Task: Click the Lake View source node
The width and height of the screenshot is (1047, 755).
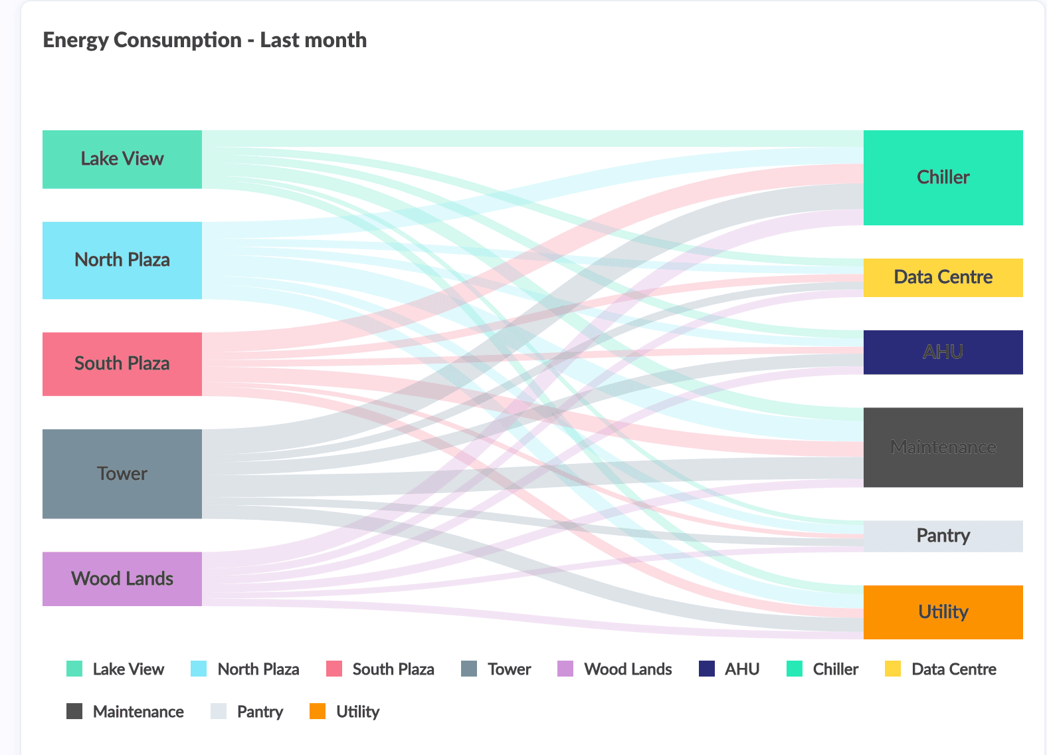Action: coord(122,160)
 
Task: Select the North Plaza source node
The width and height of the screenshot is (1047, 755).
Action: coord(122,260)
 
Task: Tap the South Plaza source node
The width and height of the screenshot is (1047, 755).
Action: coord(122,364)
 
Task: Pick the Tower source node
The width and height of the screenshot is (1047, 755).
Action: coord(122,473)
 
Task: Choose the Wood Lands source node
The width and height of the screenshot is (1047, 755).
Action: coord(122,578)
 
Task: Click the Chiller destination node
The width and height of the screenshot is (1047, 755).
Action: coord(943,177)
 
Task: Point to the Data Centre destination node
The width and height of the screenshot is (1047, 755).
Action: coord(943,277)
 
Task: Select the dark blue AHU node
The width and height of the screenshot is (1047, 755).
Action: coord(943,352)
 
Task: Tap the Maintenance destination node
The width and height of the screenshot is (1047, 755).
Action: coord(943,447)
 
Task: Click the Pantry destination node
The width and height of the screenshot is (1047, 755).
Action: coord(943,536)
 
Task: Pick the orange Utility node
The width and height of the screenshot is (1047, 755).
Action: coord(943,612)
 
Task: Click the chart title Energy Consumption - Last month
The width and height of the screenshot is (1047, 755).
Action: coord(205,40)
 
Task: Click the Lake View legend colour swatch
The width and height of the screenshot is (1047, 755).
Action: coord(74,669)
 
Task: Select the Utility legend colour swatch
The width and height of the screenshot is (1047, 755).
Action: coord(318,711)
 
